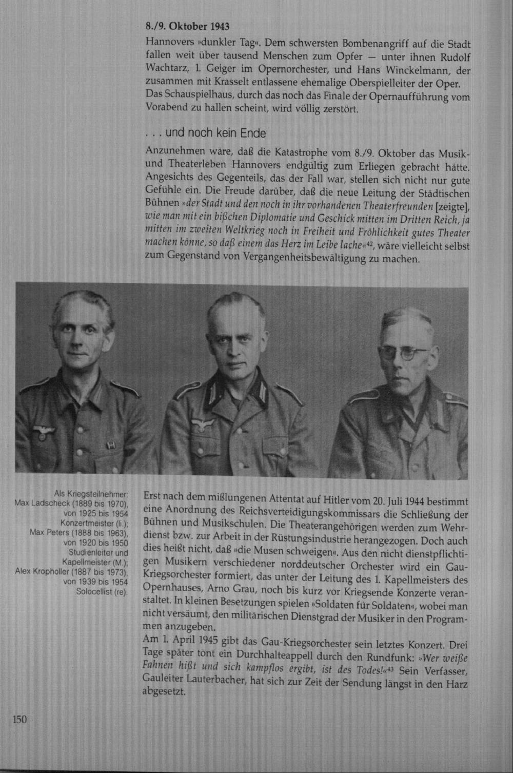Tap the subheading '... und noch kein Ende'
(x=206, y=133)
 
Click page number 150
(x=19, y=720)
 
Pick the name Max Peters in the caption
(x=50, y=533)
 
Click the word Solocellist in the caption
(x=95, y=592)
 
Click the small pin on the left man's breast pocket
(x=109, y=446)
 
